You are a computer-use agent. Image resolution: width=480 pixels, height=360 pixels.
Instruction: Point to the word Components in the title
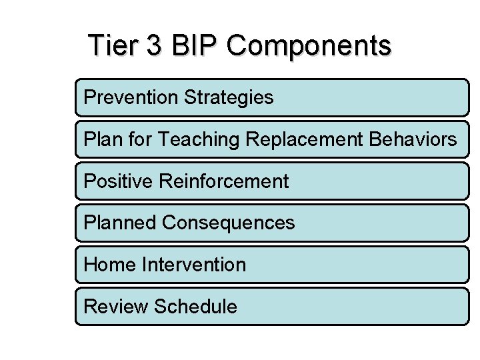coord(309,46)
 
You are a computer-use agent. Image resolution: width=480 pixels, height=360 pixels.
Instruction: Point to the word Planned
coord(120,223)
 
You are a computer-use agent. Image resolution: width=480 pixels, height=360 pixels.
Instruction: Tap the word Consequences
coord(228,223)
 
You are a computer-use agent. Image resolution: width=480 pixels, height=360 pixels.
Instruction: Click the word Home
coord(111,265)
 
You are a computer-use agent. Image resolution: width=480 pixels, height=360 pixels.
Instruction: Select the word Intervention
coord(194,265)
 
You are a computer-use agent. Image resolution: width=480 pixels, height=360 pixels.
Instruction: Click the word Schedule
coord(195,307)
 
